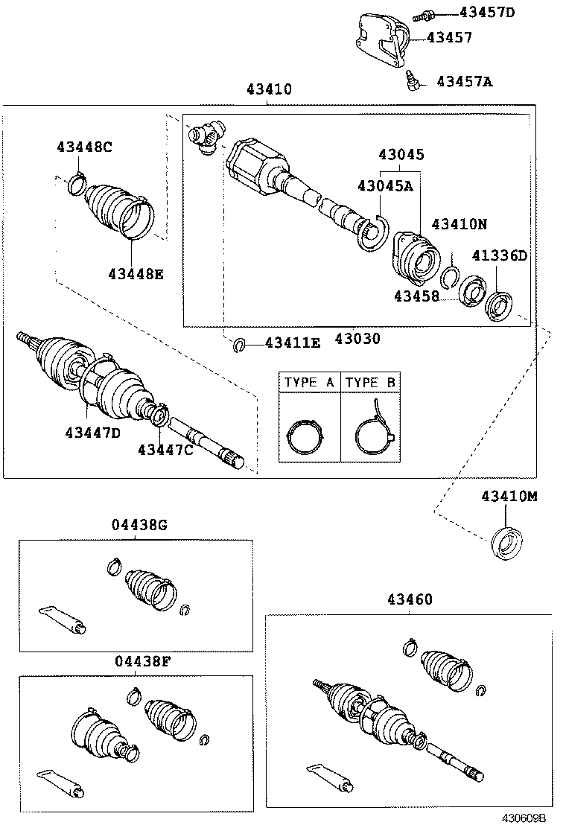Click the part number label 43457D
[486, 12]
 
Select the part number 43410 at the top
[269, 89]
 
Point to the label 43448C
[84, 147]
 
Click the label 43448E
[135, 273]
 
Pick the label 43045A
[384, 185]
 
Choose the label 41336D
[499, 256]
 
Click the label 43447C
[165, 449]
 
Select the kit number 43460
[409, 599]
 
